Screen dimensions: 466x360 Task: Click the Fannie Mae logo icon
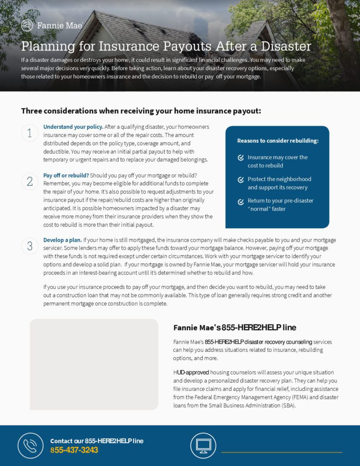tap(27, 25)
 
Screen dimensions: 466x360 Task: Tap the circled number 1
tap(30, 133)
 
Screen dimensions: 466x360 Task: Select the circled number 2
tap(30, 182)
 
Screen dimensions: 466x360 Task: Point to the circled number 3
tap(30, 246)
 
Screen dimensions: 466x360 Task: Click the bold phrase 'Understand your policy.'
tap(73, 127)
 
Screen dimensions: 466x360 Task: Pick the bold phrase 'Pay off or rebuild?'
tap(66, 175)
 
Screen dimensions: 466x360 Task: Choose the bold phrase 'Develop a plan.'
tap(63, 240)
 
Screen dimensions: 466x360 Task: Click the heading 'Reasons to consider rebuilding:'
tap(278, 141)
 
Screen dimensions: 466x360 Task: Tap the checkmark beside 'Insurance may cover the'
tap(241, 158)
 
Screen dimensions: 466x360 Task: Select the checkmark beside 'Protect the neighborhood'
tap(241, 180)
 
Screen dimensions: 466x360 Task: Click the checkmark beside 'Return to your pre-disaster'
tap(241, 202)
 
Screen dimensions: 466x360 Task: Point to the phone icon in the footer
tap(30, 446)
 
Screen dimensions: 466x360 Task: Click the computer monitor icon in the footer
tap(203, 446)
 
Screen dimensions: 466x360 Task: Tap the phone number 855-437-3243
tap(74, 450)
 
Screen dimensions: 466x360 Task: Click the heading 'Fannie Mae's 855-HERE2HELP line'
tap(235, 328)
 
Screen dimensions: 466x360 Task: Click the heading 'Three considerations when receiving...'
tap(141, 111)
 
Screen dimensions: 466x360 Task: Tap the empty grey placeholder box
tap(94, 364)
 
